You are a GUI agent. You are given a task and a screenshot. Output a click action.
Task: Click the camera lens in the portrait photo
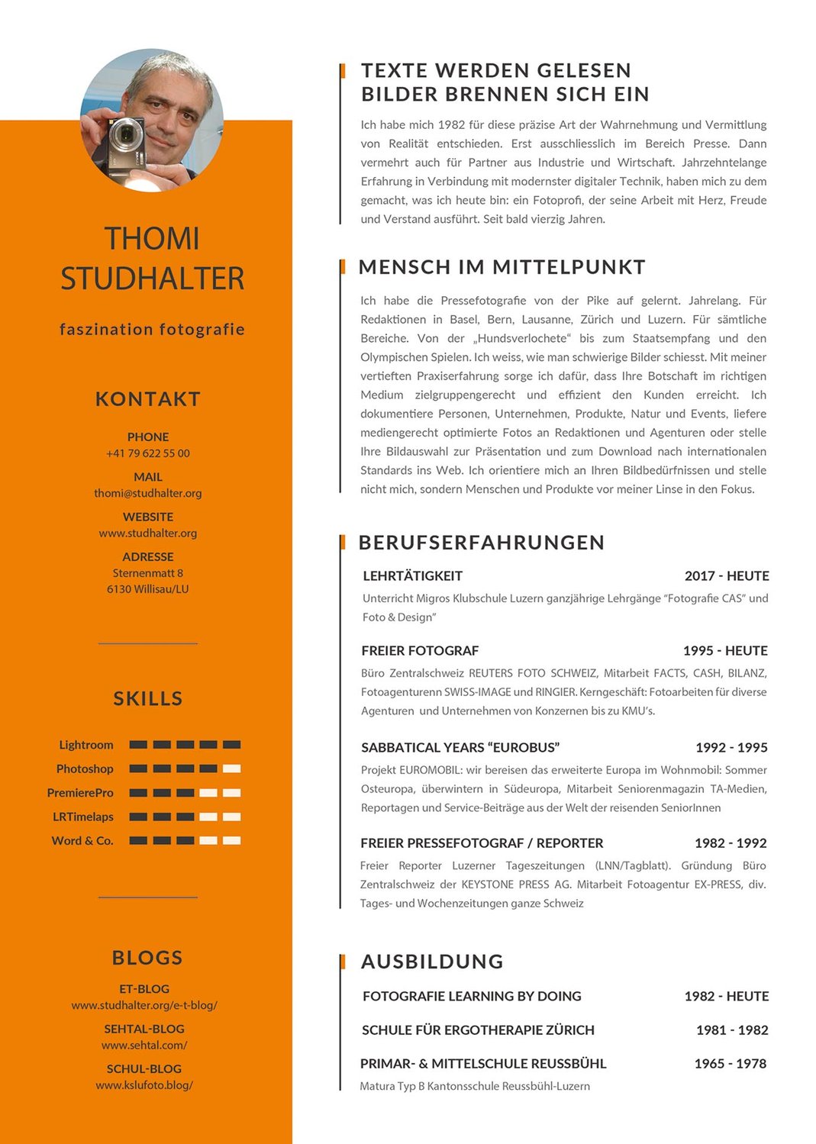(x=123, y=138)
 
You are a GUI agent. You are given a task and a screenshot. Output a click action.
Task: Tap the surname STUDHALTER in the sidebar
(x=153, y=279)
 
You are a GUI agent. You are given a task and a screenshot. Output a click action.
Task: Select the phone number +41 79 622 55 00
(x=148, y=453)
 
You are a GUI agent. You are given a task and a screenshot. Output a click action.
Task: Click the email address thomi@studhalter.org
(x=148, y=493)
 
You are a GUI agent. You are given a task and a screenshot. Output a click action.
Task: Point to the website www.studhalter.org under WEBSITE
(x=148, y=533)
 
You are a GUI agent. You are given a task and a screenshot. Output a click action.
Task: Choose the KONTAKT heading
(x=148, y=399)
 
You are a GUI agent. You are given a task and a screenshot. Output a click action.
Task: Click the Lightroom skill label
(x=86, y=745)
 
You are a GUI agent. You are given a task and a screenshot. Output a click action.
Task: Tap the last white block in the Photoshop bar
(x=231, y=769)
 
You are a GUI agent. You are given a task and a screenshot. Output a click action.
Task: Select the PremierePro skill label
(x=80, y=793)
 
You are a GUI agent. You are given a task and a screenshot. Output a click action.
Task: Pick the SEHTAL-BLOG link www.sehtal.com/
(x=144, y=1045)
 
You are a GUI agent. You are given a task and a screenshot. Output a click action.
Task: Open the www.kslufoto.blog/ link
(x=144, y=1084)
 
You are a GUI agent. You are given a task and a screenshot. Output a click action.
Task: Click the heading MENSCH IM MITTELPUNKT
(x=502, y=267)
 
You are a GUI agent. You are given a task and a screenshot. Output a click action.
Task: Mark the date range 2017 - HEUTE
(x=727, y=576)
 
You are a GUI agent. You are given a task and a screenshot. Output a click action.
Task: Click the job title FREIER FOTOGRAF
(x=420, y=651)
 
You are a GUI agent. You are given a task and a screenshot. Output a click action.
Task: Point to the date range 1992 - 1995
(x=731, y=748)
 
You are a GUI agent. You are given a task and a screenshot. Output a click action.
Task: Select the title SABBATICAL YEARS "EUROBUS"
(x=460, y=748)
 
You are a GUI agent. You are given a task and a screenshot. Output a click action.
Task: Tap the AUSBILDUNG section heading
(x=432, y=962)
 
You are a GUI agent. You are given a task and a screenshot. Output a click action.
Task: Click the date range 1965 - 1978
(x=730, y=1064)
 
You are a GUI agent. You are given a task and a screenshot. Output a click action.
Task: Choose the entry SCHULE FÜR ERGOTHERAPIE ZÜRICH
(x=478, y=1030)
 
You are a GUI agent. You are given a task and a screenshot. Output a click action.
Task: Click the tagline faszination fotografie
(x=153, y=330)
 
